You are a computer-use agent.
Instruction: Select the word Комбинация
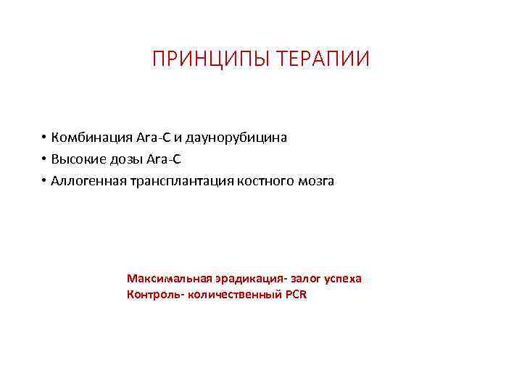91,137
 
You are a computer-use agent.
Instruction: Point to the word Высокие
77,159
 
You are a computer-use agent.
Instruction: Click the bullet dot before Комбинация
44,137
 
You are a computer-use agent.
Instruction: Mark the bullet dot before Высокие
44,159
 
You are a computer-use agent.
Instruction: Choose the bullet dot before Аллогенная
44,180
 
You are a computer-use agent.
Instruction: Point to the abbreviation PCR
296,295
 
